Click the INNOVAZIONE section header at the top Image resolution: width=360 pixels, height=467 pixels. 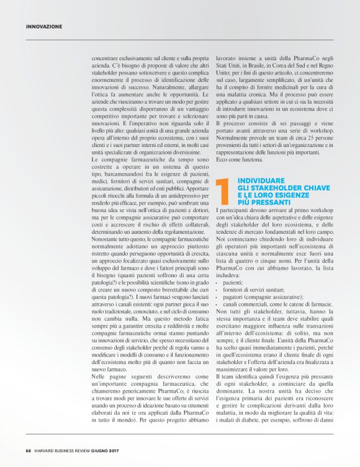(x=44, y=27)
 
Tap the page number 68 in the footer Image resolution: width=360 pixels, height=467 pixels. (x=29, y=451)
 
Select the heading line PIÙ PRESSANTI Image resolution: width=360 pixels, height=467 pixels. (x=263, y=202)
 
